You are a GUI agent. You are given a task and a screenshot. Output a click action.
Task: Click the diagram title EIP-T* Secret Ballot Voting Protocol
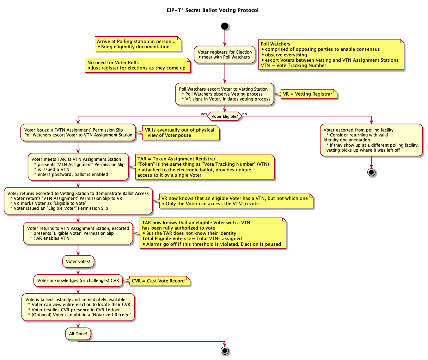213,10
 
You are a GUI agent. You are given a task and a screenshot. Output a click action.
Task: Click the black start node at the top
225,26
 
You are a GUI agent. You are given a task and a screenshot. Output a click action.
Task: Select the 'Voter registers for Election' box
225,55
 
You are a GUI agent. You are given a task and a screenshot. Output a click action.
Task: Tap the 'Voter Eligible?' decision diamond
225,116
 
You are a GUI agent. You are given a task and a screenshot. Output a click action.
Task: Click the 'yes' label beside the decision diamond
204,114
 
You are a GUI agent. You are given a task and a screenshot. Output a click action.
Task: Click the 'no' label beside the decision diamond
245,114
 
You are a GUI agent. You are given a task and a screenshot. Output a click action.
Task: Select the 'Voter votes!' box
78,262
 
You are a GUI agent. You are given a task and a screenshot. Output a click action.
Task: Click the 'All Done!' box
78,334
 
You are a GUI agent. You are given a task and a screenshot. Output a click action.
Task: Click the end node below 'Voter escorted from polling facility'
371,172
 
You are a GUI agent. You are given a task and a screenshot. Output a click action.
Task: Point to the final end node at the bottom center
225,350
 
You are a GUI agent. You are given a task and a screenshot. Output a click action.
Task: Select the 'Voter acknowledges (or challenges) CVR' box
78,281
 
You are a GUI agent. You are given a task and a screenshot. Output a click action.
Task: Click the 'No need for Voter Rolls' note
137,65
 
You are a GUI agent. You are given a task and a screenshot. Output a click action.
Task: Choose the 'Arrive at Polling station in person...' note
137,44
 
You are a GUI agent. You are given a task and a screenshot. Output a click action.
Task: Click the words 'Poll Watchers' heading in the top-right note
275,44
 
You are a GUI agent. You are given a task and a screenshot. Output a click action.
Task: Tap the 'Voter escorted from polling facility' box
371,140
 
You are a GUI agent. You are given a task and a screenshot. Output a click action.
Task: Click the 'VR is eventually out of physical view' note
181,133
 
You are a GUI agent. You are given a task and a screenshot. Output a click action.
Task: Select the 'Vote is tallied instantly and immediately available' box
78,307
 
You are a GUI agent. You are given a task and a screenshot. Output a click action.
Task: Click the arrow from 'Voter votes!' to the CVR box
78,271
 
